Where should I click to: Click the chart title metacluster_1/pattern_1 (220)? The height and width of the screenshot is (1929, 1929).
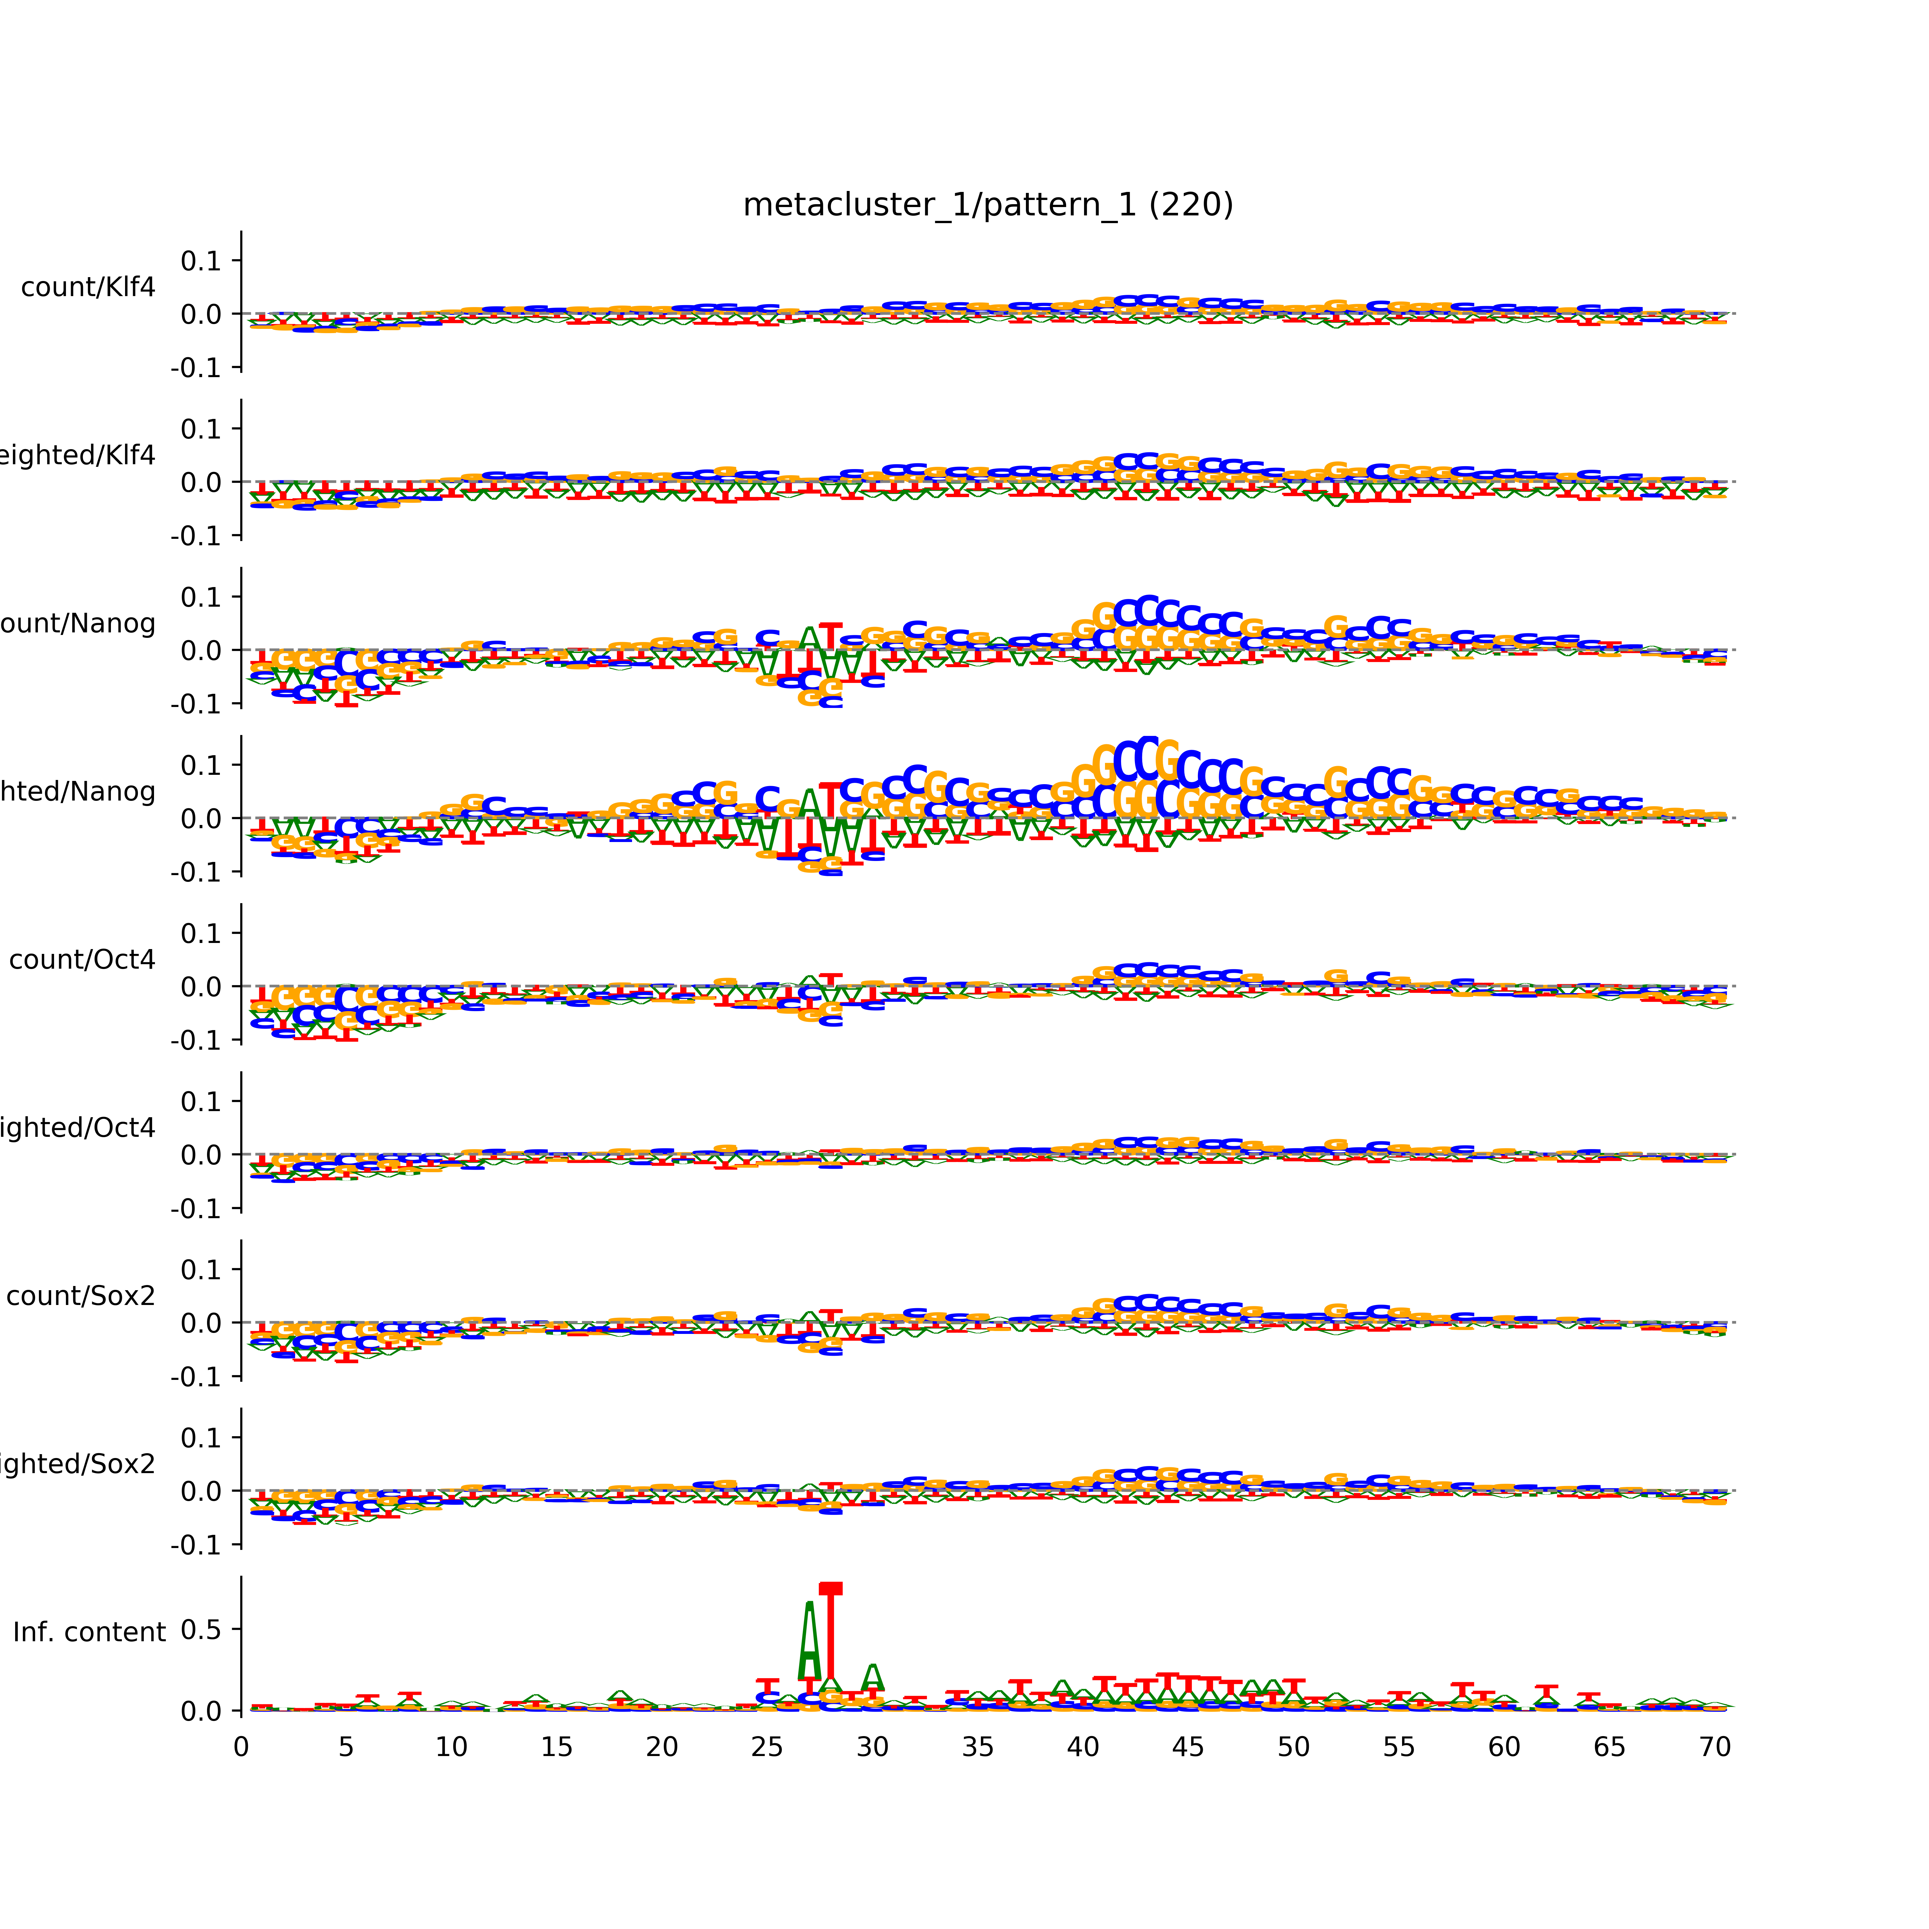pos(987,205)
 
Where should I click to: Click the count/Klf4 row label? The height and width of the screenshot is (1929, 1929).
pos(88,287)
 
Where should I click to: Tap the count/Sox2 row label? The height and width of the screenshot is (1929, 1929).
pos(81,1296)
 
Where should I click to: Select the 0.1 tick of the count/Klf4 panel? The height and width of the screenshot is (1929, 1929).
pos(201,261)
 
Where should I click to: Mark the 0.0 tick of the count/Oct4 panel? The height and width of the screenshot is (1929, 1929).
pos(201,986)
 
